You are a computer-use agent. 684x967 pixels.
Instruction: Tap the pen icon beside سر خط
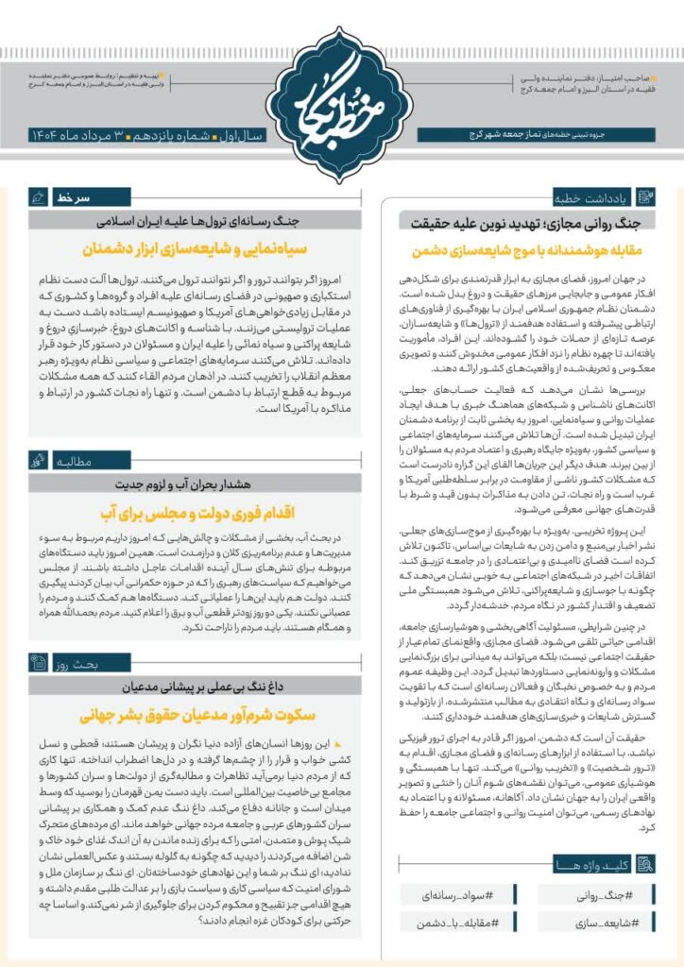39,198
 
